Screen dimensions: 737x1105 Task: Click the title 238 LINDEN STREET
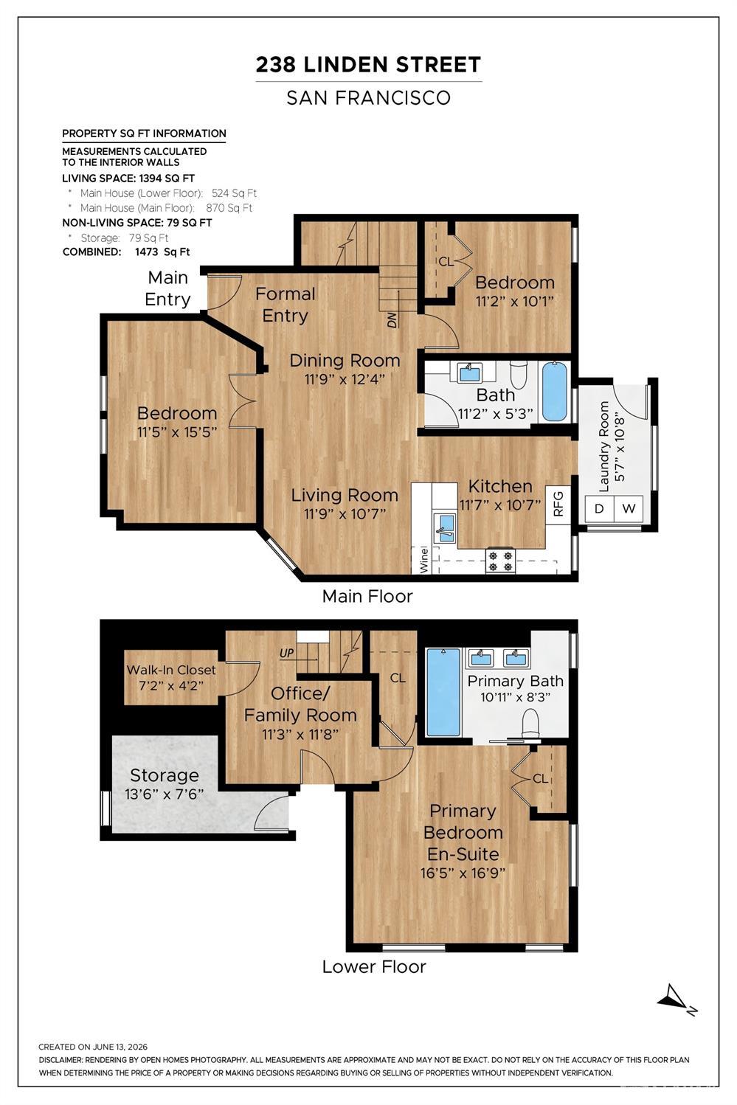point(368,65)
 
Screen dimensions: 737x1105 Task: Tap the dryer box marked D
point(599,508)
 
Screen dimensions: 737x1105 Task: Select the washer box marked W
point(629,508)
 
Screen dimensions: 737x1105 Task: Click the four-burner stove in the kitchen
point(501,561)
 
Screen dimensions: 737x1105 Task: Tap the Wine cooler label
point(423,559)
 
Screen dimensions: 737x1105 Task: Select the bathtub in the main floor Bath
point(555,391)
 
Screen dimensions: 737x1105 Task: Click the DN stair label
point(392,321)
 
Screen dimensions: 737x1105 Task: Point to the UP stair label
point(286,653)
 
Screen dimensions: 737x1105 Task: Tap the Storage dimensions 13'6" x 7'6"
point(165,794)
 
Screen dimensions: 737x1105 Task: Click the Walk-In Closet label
point(171,670)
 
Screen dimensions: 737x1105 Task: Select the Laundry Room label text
point(603,446)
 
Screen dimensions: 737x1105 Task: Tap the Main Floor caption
point(367,597)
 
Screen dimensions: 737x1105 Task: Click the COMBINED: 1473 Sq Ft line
point(126,252)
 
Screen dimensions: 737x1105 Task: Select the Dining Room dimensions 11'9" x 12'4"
point(345,379)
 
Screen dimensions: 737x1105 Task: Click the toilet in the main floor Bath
point(518,375)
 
